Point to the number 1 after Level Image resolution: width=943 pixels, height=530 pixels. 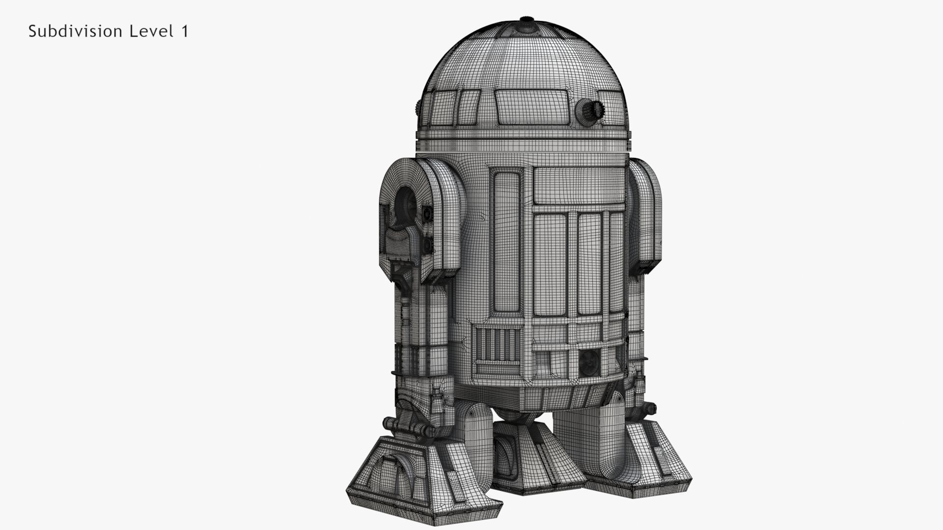coord(185,31)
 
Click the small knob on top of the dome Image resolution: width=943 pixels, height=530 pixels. coord(527,22)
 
